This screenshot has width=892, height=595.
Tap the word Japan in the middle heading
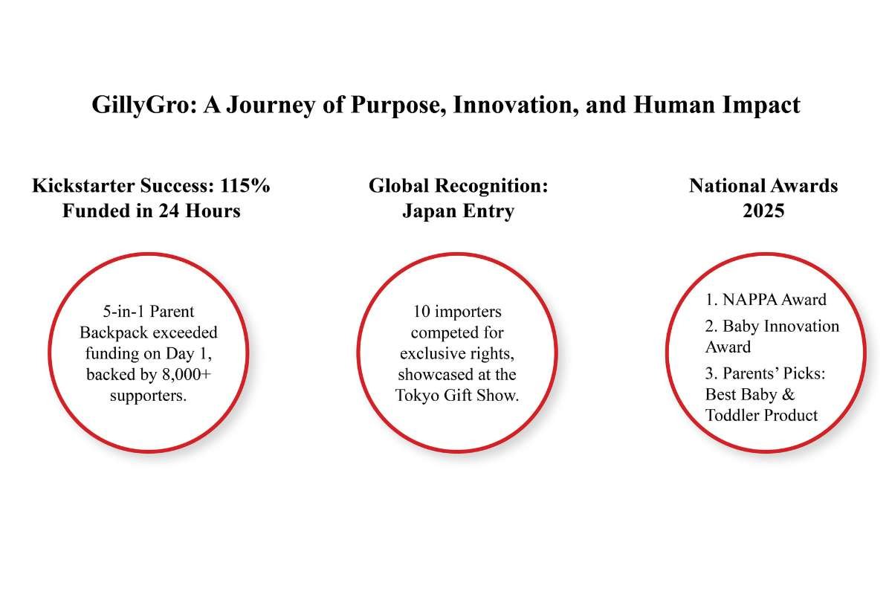(x=428, y=210)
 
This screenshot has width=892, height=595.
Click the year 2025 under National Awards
(x=763, y=210)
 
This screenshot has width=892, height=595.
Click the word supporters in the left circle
(x=148, y=395)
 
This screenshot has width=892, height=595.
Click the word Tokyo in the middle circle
(x=417, y=395)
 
